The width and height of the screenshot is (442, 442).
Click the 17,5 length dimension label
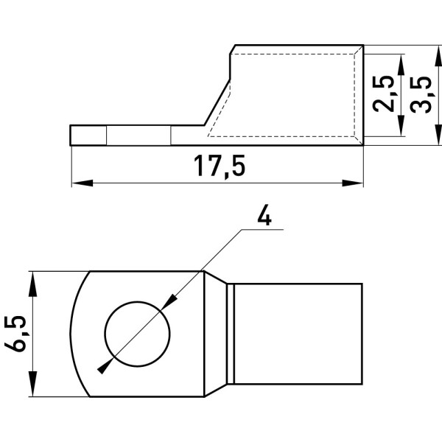pyautogui.click(x=220, y=167)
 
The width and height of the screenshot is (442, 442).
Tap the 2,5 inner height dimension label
pyautogui.click(x=383, y=94)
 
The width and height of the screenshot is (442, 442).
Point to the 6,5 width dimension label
pyautogui.click(x=15, y=334)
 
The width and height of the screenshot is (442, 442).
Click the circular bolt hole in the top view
pyautogui.click(x=137, y=334)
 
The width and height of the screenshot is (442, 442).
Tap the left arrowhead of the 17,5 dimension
pyautogui.click(x=83, y=183)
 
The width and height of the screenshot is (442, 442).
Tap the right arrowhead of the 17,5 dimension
pyautogui.click(x=353, y=183)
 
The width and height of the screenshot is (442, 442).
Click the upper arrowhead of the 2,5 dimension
pyautogui.click(x=401, y=66)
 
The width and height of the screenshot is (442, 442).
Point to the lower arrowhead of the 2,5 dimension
pyautogui.click(x=401, y=125)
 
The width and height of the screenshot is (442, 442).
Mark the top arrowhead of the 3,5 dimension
pyautogui.click(x=438, y=57)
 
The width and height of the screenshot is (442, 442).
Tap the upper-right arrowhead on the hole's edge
pyautogui.click(x=169, y=302)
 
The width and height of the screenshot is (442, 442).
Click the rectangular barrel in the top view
pyautogui.click(x=298, y=334)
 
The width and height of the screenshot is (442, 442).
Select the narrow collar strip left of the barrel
pyautogui.click(x=231, y=334)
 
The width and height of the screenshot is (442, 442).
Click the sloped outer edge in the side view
pyautogui.click(x=217, y=102)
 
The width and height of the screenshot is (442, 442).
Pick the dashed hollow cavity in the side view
pyautogui.click(x=281, y=95)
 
